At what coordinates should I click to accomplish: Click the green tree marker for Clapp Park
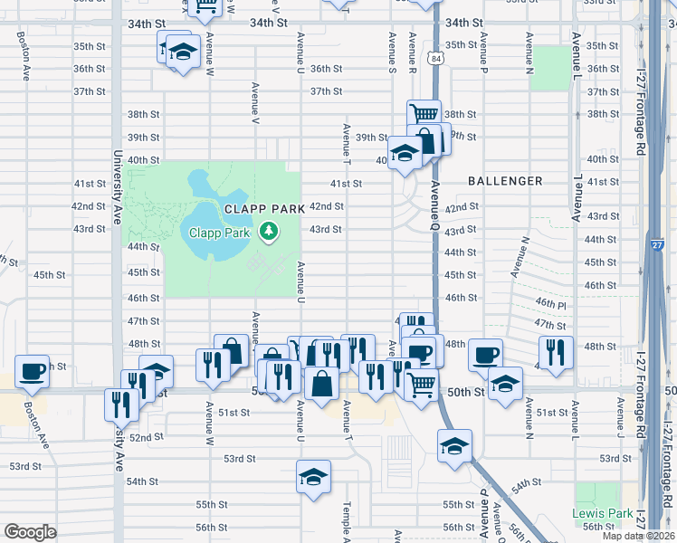pyautogui.click(x=268, y=233)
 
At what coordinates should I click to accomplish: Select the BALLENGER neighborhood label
pyautogui.click(x=505, y=181)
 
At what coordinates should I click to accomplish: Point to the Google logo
pyautogui.click(x=31, y=532)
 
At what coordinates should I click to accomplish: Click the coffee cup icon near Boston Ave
pyautogui.click(x=33, y=370)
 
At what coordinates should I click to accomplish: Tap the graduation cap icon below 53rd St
pyautogui.click(x=313, y=476)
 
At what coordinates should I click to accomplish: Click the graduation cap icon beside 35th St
pyautogui.click(x=182, y=51)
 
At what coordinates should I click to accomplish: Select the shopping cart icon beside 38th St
pyautogui.click(x=423, y=115)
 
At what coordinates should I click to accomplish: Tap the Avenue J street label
pyautogui.click(x=621, y=426)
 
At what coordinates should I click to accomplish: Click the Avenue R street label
pyautogui.click(x=413, y=45)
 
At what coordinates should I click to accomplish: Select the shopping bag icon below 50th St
pyautogui.click(x=322, y=385)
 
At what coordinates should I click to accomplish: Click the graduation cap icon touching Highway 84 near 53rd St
pyautogui.click(x=454, y=445)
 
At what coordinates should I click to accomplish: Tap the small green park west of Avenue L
pyautogui.click(x=546, y=68)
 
